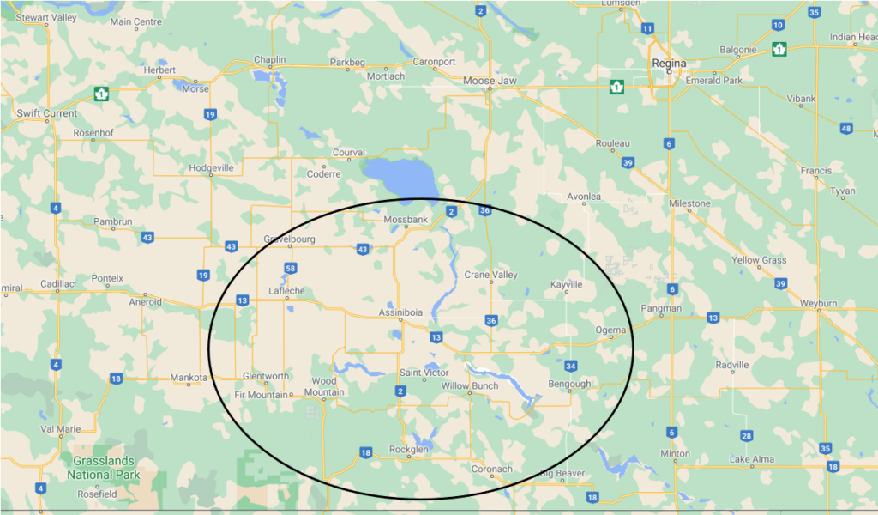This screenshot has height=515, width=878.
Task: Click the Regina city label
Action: click(670, 63)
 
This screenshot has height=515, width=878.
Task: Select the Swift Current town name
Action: click(47, 113)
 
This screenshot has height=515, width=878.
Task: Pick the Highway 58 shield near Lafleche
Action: click(291, 269)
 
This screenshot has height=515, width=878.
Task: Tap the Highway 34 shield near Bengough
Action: click(571, 366)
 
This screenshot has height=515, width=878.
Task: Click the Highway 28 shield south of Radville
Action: click(748, 436)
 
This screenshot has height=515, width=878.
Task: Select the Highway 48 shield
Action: click(846, 129)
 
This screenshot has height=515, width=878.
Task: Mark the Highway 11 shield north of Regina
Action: click(646, 28)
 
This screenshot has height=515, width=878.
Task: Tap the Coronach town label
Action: click(492, 469)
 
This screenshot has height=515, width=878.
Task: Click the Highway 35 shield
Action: click(825, 449)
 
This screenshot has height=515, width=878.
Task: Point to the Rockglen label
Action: click(409, 449)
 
